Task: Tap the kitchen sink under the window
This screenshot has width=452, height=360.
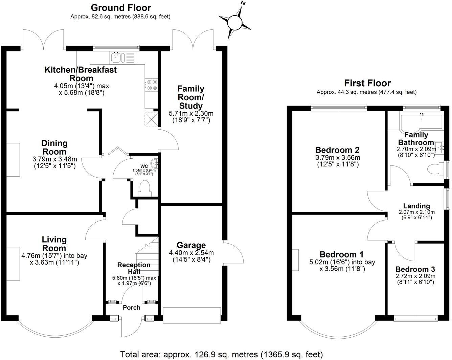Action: click(x=122, y=57)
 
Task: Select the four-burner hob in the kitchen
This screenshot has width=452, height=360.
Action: click(x=151, y=85)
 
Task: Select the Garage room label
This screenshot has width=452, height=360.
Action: click(x=191, y=245)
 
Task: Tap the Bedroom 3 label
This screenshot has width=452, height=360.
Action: click(x=415, y=269)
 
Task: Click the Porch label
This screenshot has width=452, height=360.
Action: click(x=131, y=308)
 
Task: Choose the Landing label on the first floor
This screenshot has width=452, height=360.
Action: click(x=416, y=206)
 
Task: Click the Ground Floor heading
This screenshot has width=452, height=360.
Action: click(x=121, y=7)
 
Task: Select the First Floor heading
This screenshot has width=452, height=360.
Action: click(x=367, y=83)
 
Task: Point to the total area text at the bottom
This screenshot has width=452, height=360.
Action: click(x=222, y=354)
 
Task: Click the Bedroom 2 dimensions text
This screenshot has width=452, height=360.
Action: click(x=337, y=158)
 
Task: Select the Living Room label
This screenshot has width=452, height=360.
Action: click(x=54, y=244)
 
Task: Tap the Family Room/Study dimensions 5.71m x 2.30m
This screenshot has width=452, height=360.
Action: click(x=191, y=113)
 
